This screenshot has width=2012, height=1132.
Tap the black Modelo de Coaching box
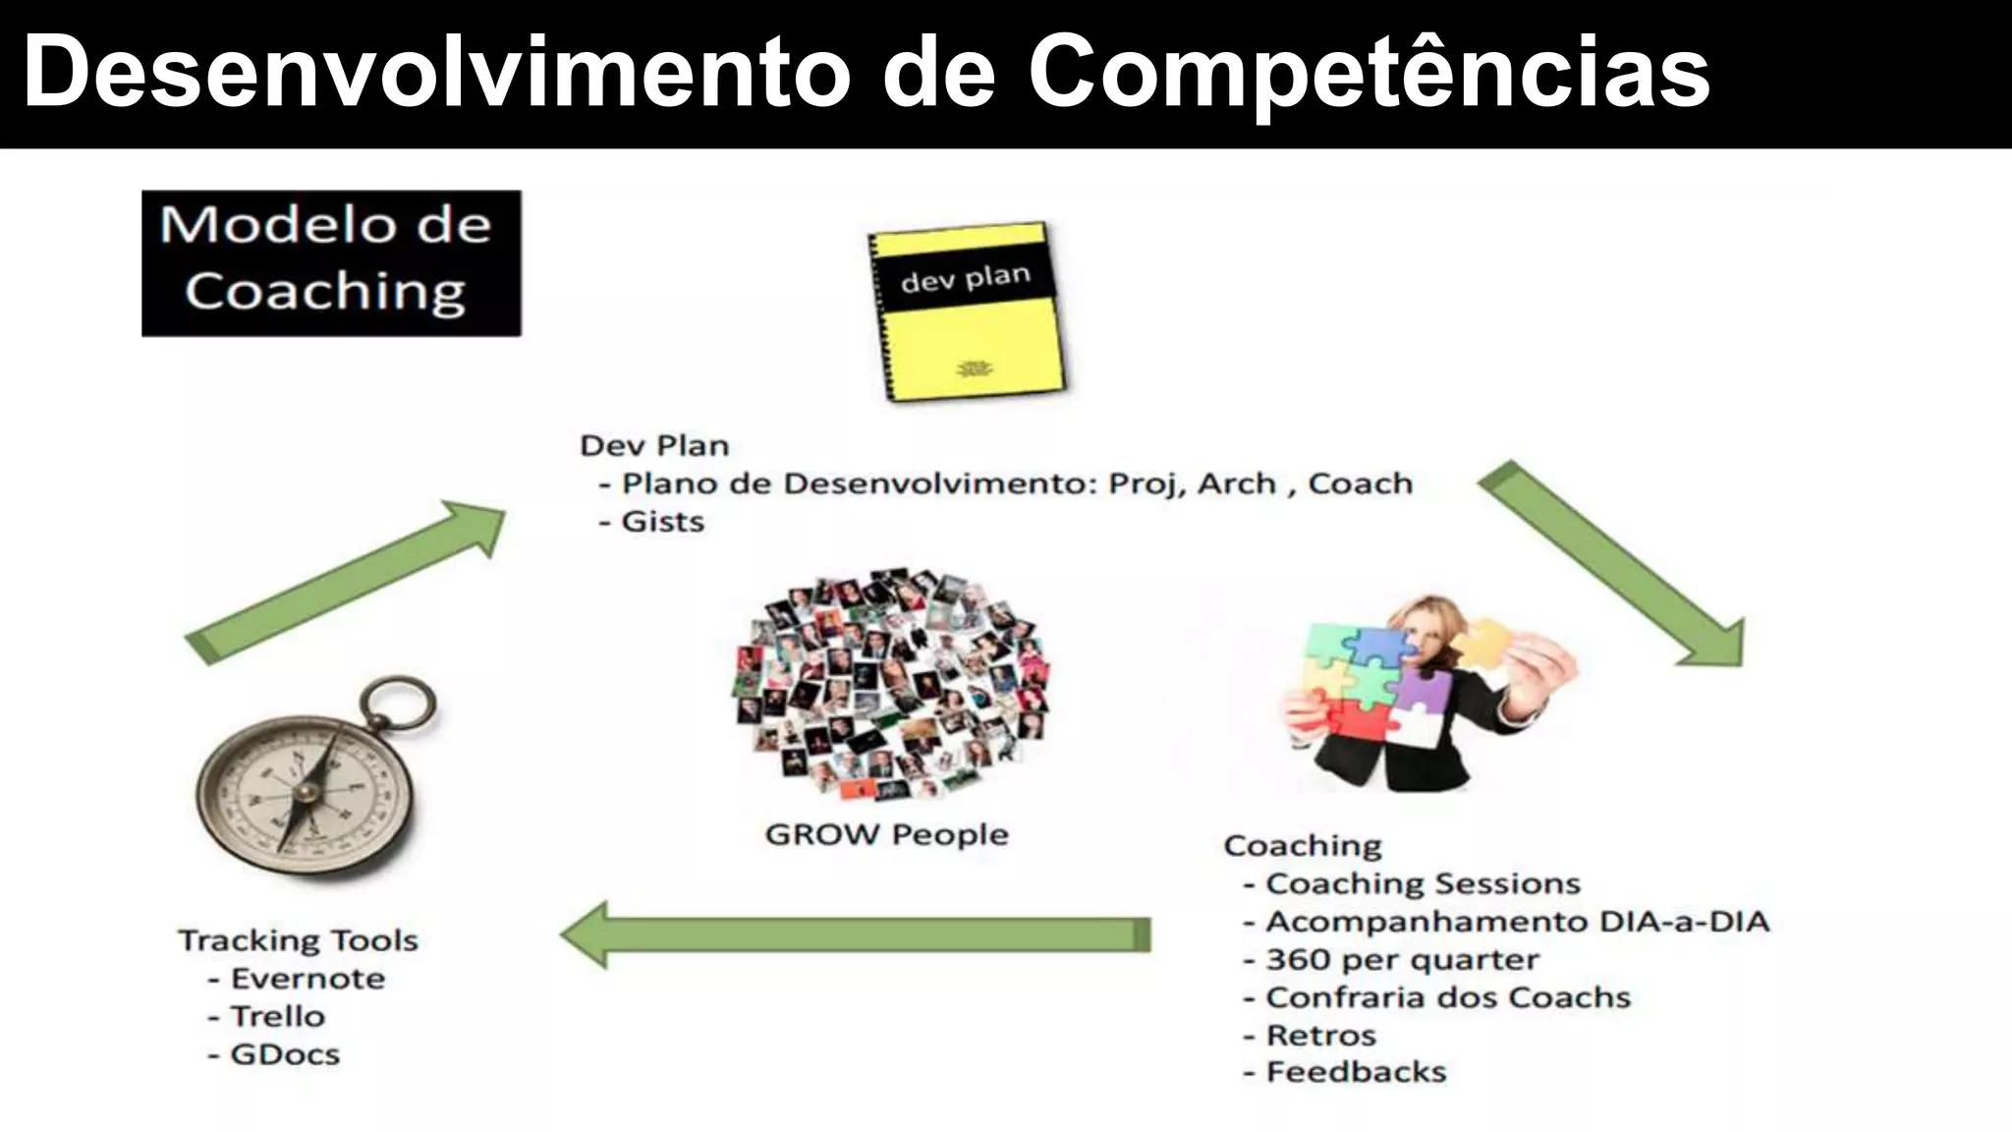pos(331,262)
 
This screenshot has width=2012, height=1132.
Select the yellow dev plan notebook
pos(967,311)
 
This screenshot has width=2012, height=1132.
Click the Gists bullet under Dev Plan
pos(662,521)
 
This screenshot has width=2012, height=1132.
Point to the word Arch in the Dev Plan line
pos(1236,483)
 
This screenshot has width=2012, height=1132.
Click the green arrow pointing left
pos(855,934)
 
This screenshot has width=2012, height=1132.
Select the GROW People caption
pos(886,834)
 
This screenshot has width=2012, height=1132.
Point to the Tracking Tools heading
pos(299,940)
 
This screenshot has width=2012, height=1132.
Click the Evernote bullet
pos(307,979)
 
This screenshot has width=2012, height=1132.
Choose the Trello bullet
pos(276,1016)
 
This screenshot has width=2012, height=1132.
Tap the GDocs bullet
pos(284,1054)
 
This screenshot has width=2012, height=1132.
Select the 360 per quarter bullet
pos(1401,959)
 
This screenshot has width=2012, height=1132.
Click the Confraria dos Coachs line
pos(1447,997)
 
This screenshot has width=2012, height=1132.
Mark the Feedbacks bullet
pos(1356,1072)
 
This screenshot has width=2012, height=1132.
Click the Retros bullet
pos(1320,1035)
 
